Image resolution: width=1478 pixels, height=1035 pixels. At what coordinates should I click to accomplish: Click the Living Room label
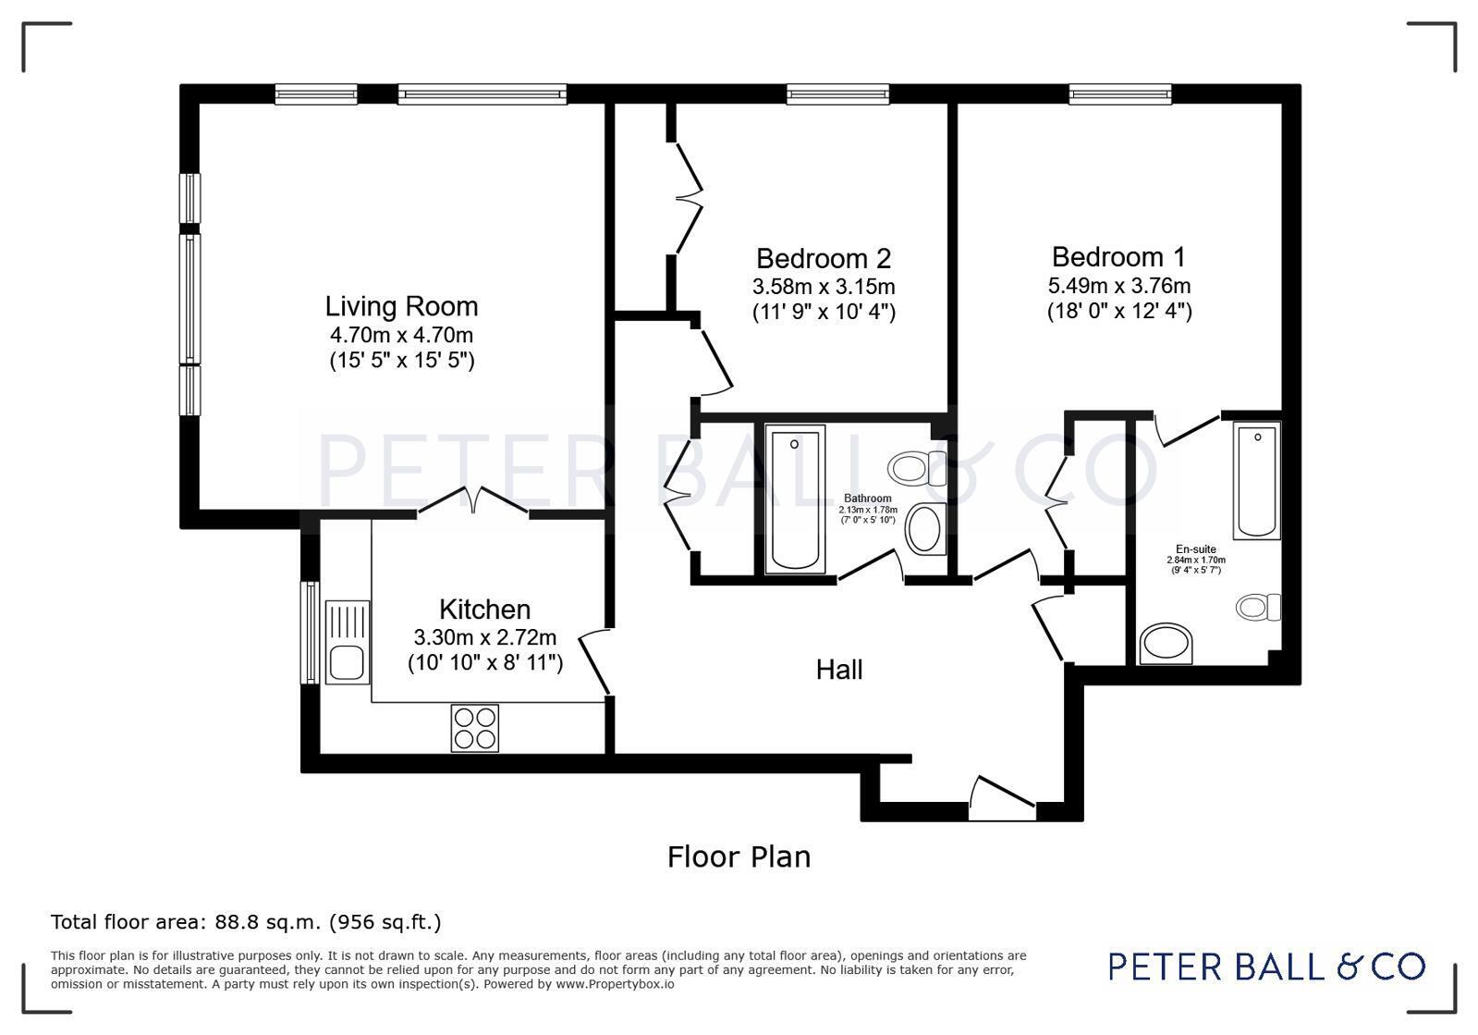click(x=401, y=306)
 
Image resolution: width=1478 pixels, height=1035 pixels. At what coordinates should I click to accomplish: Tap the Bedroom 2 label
click(x=824, y=258)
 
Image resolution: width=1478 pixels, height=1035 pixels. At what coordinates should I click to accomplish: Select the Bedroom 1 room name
click(x=1118, y=257)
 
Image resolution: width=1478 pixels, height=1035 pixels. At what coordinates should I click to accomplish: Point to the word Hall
click(x=839, y=670)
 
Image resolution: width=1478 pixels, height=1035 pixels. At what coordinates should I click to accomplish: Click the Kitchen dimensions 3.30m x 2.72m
click(x=485, y=637)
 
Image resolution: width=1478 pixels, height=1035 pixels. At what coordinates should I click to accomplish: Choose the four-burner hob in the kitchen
click(x=474, y=728)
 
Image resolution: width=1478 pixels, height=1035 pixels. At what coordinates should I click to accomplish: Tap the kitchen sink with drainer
click(x=347, y=642)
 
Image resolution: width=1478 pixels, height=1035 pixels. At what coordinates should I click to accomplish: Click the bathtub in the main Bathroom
click(x=794, y=499)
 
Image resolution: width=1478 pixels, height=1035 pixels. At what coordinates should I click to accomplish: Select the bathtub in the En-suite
click(x=1256, y=481)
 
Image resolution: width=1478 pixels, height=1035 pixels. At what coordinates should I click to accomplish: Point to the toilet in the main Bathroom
click(x=917, y=468)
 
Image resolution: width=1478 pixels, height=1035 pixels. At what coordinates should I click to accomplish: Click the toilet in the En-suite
click(x=1258, y=607)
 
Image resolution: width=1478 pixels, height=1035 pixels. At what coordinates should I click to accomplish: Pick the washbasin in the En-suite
click(x=1166, y=644)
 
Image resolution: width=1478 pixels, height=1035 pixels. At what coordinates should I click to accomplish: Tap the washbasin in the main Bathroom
click(x=926, y=529)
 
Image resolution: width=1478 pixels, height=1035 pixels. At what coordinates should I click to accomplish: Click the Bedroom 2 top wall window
click(x=838, y=94)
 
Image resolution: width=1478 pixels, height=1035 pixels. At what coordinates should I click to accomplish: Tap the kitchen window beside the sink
click(x=311, y=633)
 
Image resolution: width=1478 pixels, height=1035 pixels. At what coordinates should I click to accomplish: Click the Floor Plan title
click(x=739, y=856)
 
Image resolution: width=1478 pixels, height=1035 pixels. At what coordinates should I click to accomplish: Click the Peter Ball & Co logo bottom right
click(x=1267, y=967)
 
